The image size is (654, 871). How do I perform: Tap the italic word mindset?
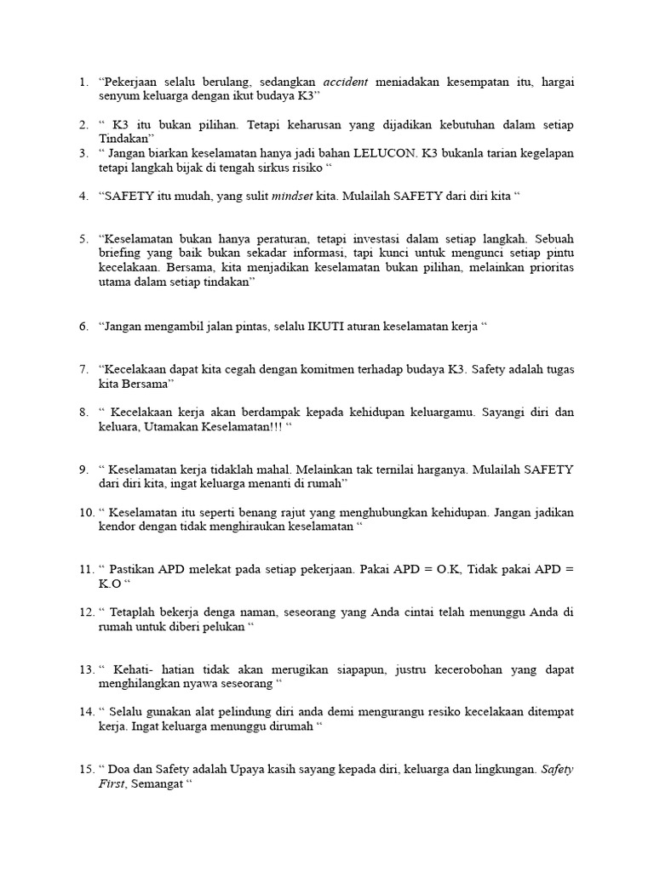click(x=291, y=196)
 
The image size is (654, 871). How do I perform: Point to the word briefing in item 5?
click(x=119, y=253)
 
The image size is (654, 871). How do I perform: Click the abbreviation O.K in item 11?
click(x=444, y=569)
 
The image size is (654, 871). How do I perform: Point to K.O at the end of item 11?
click(x=111, y=584)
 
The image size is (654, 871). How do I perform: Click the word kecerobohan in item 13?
click(x=454, y=669)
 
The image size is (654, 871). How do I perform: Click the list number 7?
click(x=84, y=369)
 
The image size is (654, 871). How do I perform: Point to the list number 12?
click(x=87, y=612)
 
